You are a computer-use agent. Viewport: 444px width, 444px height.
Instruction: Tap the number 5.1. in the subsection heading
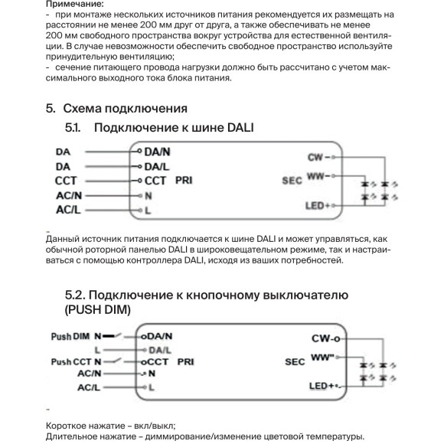point(75,127)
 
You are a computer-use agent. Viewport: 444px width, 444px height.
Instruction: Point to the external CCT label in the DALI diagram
point(66,181)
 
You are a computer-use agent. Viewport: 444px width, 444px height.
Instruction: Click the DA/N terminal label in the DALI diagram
point(157,152)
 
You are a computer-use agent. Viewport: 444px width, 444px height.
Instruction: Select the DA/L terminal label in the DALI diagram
point(157,166)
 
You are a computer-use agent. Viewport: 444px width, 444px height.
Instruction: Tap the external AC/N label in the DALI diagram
point(68,194)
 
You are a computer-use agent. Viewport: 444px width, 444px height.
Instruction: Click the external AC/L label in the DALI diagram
point(68,209)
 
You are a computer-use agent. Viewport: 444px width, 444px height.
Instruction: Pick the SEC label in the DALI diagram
point(292,181)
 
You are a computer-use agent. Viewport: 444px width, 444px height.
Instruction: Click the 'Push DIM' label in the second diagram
point(71,336)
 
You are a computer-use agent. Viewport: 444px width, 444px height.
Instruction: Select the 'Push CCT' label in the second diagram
point(71,361)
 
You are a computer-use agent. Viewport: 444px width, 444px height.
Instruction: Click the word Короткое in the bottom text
point(69,426)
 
